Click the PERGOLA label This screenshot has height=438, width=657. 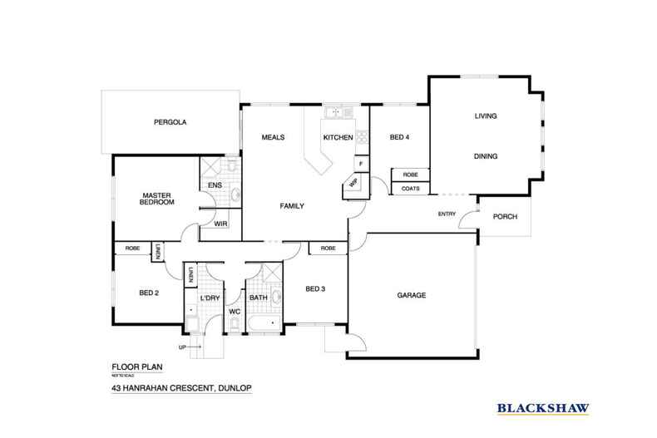click(170, 122)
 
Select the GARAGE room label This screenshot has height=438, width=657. click(411, 296)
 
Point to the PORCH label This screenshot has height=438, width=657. click(505, 217)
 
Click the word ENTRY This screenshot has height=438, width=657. click(447, 215)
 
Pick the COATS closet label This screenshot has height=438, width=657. click(410, 189)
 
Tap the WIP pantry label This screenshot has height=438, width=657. click(353, 184)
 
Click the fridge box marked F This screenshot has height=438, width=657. click(361, 163)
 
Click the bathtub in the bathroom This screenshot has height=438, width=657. click(265, 325)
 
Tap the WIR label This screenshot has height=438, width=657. click(220, 224)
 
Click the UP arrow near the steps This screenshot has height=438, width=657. click(189, 347)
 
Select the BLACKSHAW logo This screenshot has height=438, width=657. click(543, 408)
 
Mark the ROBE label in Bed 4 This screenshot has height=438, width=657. click(410, 175)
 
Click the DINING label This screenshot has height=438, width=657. click(486, 155)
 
